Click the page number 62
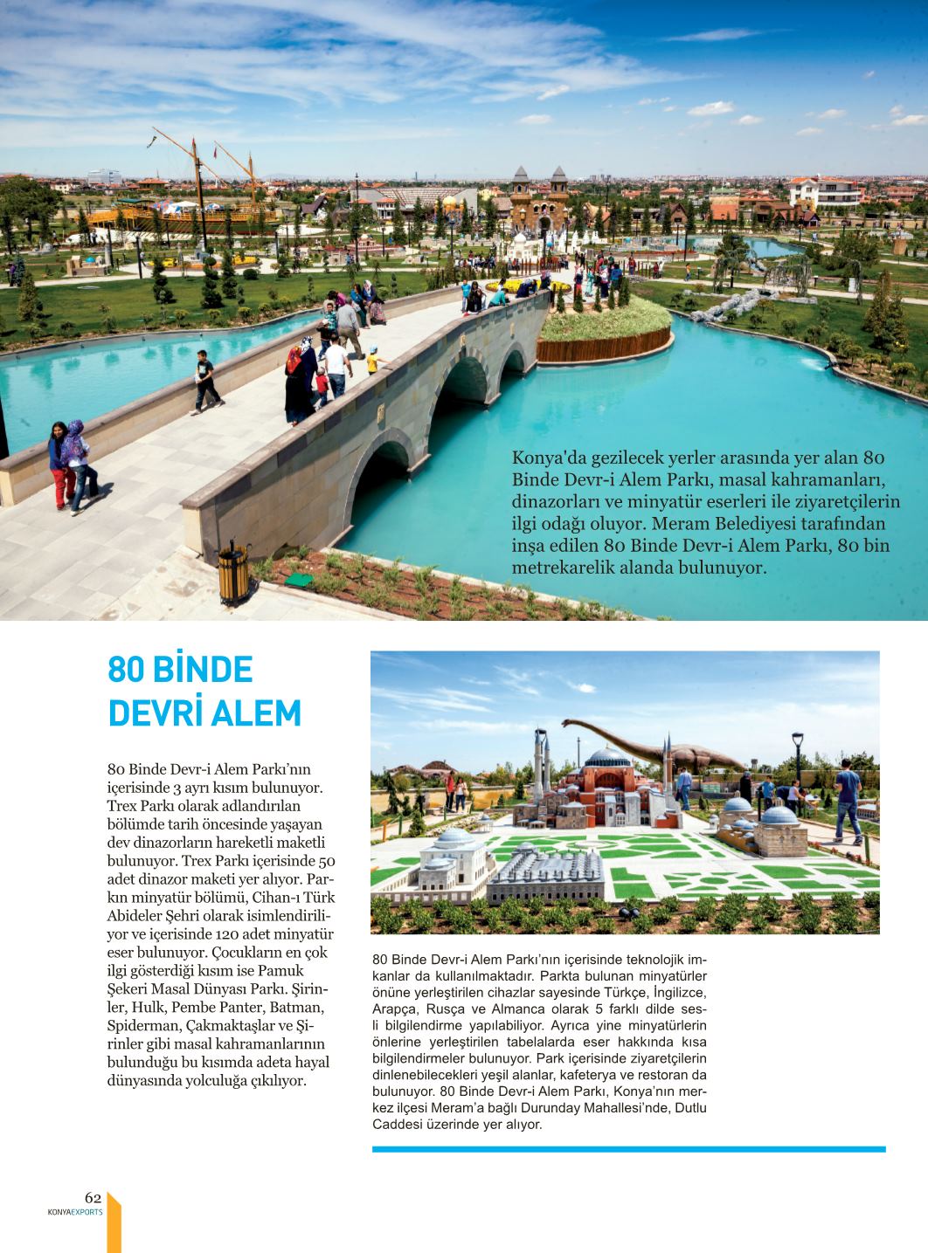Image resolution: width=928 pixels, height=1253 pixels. [x=93, y=1196]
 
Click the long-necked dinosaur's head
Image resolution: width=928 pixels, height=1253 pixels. [x=569, y=724]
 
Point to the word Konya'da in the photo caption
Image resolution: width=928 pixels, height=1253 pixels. [x=544, y=456]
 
